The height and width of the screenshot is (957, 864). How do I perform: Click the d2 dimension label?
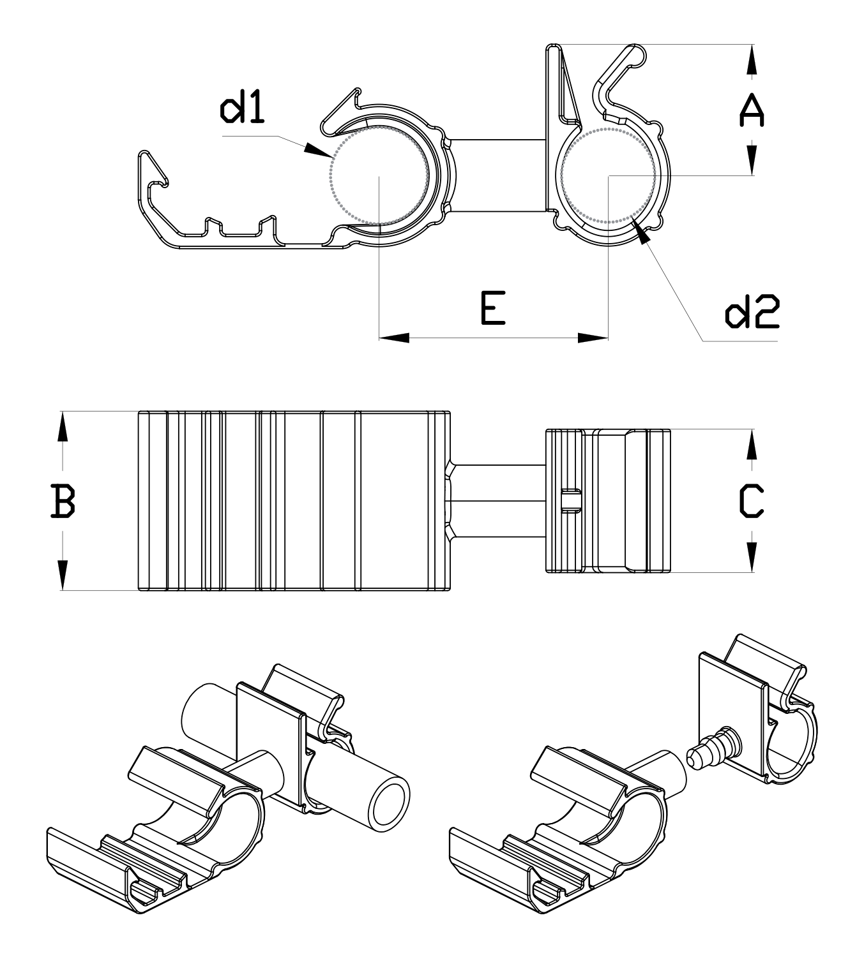tap(752, 311)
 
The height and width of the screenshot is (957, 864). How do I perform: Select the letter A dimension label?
tap(752, 110)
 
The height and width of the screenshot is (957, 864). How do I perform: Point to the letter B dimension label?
tap(63, 501)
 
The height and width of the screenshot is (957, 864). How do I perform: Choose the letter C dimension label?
tap(752, 501)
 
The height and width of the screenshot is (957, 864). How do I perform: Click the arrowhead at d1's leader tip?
tap(317, 151)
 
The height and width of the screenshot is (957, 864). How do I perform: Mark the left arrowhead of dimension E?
tap(394, 338)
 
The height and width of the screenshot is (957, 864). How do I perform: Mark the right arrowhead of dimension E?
tap(593, 338)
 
